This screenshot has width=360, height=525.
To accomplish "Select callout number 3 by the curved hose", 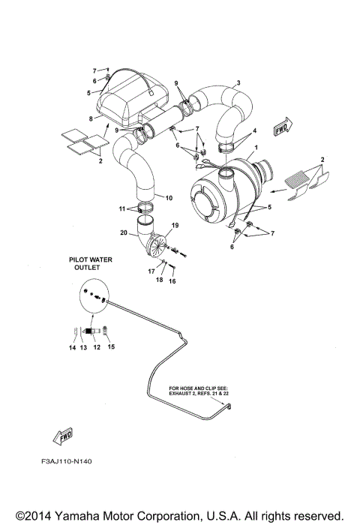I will (x=238, y=82).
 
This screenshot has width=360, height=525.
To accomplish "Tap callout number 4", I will (x=253, y=130).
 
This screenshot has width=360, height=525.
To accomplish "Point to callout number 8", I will (x=91, y=118).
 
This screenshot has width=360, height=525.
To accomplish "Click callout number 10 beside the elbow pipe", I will (x=169, y=198).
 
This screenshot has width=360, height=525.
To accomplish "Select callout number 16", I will (x=172, y=281).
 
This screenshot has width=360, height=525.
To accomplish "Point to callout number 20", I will (x=124, y=233).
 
